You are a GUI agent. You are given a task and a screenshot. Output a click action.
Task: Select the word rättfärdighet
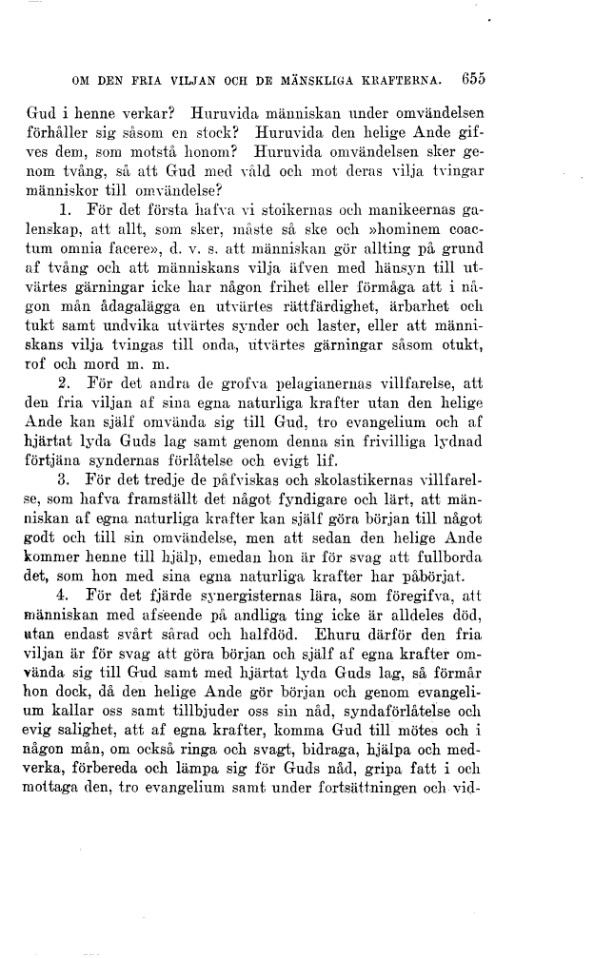point(368,309)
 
